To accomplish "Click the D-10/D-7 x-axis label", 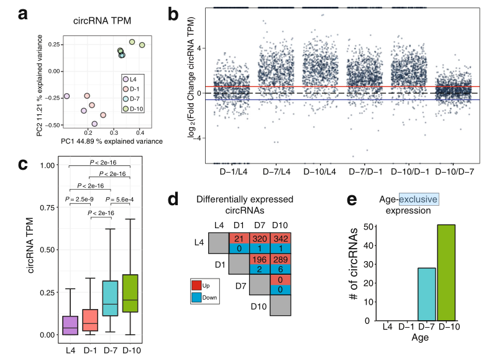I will pos(457,170).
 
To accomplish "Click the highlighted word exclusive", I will pos(419,199).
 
